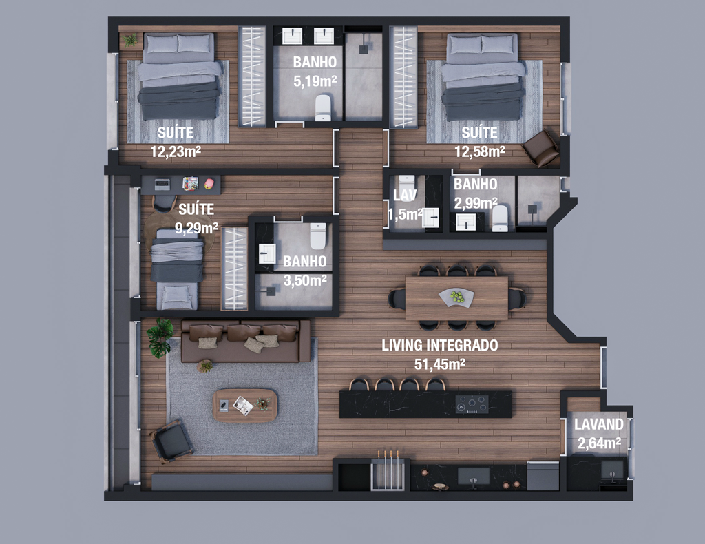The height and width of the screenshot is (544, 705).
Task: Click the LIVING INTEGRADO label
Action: (x=440, y=345)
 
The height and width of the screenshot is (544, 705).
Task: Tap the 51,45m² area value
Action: (x=440, y=364)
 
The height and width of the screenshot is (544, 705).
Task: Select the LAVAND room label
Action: (x=599, y=424)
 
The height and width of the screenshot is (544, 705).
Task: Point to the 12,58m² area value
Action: (x=480, y=151)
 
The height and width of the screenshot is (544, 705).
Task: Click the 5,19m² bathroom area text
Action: (x=315, y=81)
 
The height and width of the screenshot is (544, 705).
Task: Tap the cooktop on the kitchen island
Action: (x=472, y=404)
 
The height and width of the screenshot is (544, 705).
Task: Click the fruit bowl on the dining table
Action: (x=456, y=297)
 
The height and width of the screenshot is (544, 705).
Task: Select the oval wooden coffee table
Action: (x=245, y=405)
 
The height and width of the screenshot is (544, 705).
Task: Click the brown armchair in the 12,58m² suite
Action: (x=541, y=148)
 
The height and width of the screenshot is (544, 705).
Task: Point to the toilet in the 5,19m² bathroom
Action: (x=323, y=108)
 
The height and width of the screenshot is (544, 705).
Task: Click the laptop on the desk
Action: (x=162, y=184)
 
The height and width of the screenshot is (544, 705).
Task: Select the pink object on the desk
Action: (x=209, y=183)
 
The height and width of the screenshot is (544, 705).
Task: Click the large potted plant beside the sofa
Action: (x=160, y=337)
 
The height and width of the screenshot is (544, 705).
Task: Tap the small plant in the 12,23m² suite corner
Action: (x=130, y=40)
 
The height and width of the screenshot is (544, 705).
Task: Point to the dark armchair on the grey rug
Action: (x=172, y=440)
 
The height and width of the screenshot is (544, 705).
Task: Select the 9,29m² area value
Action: (x=196, y=229)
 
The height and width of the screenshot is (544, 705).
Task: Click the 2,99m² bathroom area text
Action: (x=476, y=204)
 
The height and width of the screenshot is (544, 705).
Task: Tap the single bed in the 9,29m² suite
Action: (x=177, y=269)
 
